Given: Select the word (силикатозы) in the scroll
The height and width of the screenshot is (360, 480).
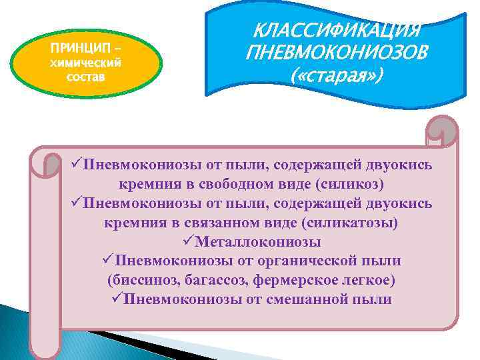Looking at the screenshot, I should point(358,222).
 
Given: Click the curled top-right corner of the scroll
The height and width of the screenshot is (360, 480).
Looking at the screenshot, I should point(443,130).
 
